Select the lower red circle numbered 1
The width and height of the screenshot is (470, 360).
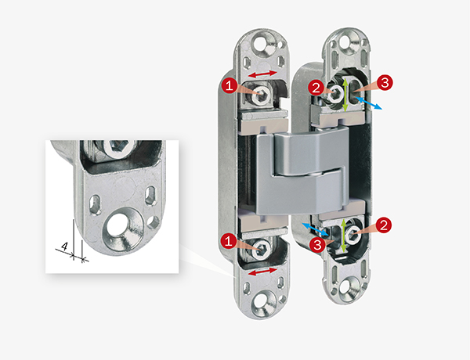[x=228, y=240]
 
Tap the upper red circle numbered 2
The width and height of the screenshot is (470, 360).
[x=316, y=88]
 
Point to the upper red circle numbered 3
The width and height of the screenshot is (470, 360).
[x=387, y=83]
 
